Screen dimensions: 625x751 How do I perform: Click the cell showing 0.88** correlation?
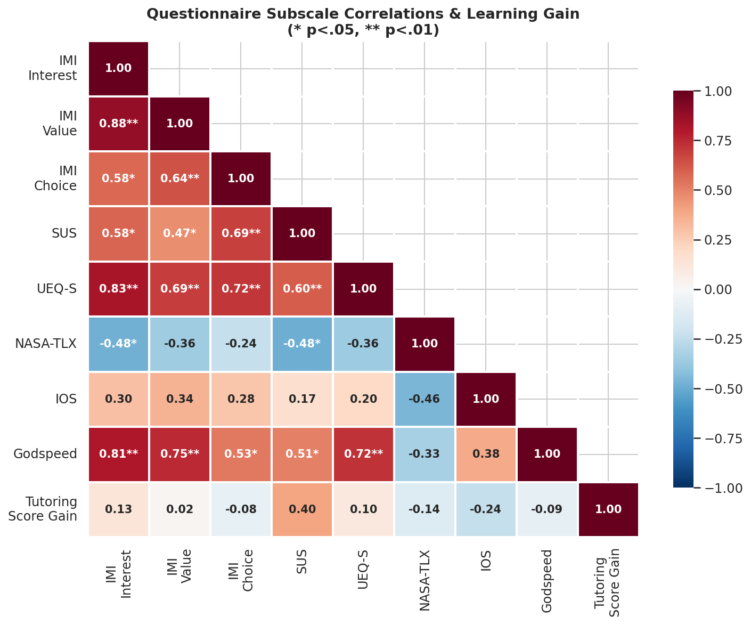click(x=118, y=124)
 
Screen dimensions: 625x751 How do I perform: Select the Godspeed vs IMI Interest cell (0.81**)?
click(x=118, y=454)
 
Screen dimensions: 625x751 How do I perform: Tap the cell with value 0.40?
click(x=302, y=509)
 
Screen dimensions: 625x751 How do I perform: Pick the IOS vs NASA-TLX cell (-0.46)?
click(x=425, y=399)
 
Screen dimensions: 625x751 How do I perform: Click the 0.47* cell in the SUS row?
click(x=179, y=233)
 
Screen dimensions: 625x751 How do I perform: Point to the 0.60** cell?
click(x=302, y=289)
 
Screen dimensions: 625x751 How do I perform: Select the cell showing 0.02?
click(x=179, y=509)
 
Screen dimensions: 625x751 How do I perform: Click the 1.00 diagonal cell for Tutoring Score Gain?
click(x=608, y=509)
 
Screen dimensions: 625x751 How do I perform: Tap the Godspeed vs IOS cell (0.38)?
click(x=486, y=454)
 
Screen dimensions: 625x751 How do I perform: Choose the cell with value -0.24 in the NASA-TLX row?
click(x=241, y=344)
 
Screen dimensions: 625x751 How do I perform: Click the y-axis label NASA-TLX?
click(x=46, y=344)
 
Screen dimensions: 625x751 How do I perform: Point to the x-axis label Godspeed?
click(x=547, y=581)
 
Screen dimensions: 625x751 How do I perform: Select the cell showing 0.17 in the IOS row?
click(x=302, y=399)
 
